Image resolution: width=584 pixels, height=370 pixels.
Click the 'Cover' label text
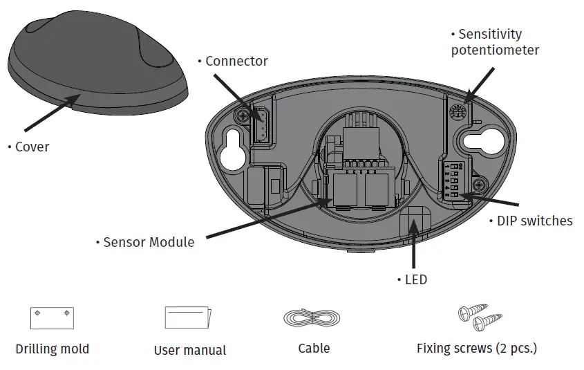click(x=32, y=147)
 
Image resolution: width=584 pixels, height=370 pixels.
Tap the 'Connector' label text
click(x=236, y=61)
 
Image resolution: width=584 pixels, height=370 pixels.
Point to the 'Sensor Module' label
click(x=147, y=242)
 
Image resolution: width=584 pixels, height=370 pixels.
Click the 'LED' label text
click(x=415, y=279)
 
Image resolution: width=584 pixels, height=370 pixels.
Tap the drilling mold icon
click(x=52, y=318)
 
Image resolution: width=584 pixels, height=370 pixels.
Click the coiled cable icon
click(x=312, y=318)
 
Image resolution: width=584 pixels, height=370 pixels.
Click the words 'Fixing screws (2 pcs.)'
click(x=476, y=348)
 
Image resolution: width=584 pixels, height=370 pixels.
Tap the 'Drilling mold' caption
click(x=53, y=349)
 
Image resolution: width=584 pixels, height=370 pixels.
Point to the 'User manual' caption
click(x=189, y=350)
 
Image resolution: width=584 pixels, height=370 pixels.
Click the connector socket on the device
click(x=262, y=126)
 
